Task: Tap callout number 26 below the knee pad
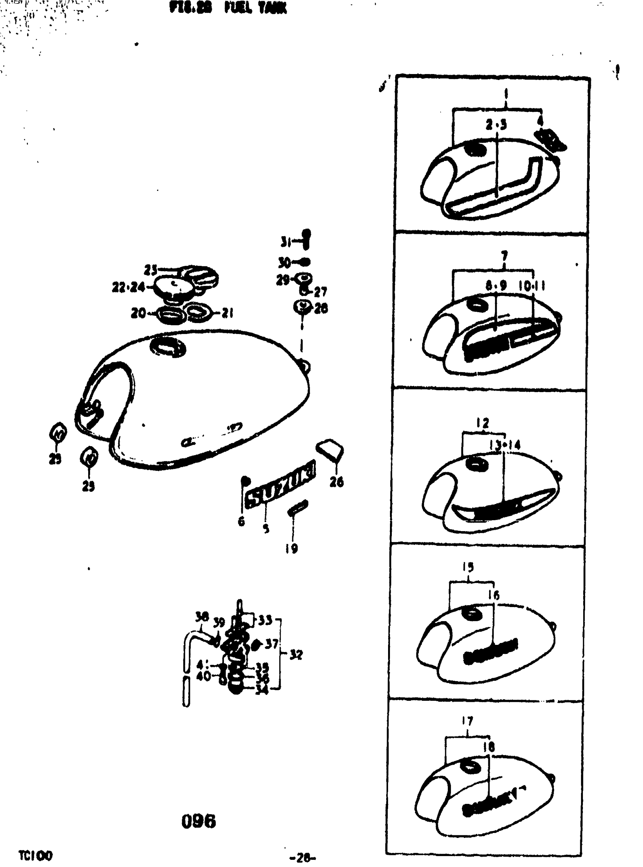pos(336,482)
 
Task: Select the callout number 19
pos(292,549)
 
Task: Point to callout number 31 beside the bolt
pos(286,242)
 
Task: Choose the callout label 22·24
pos(128,288)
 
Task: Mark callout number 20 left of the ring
pos(138,312)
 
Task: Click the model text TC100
pos(36,855)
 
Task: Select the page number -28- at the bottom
pos(303,857)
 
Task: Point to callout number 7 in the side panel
pos(505,256)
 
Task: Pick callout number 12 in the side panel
pos(482,423)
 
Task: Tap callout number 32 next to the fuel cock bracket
pos(296,655)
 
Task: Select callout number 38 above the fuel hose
pos(202,617)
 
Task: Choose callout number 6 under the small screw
pos(241,521)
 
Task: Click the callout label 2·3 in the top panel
pos(496,125)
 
